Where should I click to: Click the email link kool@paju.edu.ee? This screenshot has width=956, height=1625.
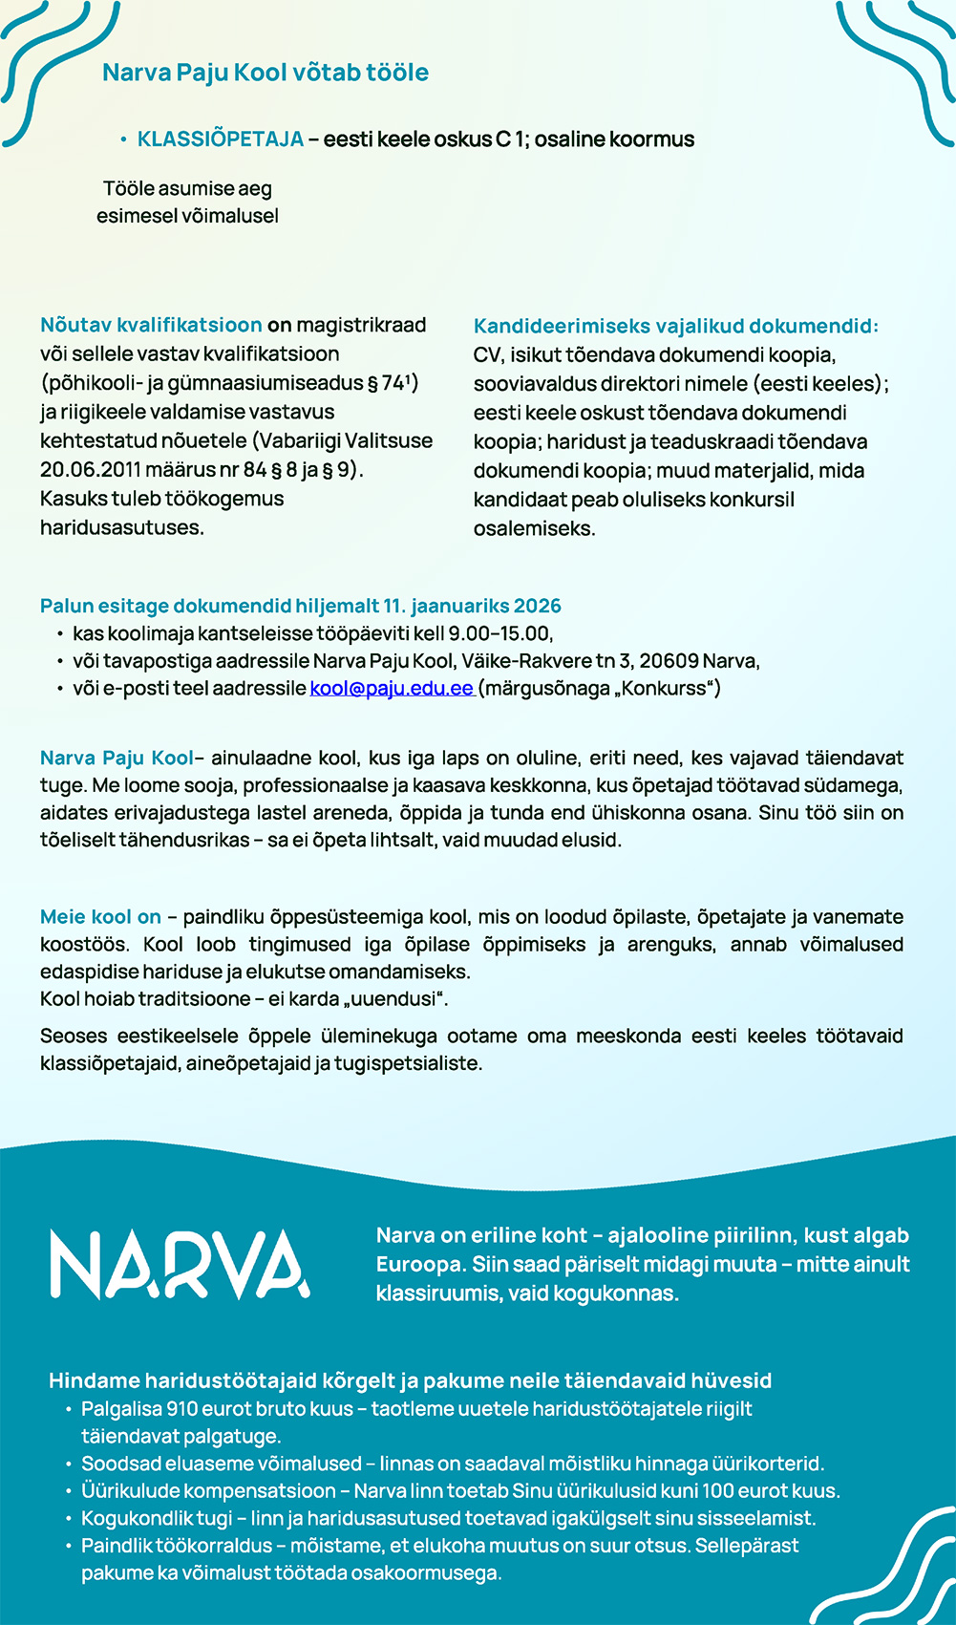[x=392, y=688]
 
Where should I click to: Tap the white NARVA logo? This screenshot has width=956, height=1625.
[x=180, y=1265]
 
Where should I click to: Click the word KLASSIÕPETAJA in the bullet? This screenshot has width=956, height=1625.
[x=221, y=139]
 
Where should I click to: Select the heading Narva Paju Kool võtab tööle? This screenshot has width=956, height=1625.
[x=266, y=73]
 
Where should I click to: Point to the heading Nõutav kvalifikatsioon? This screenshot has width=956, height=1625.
[x=151, y=325]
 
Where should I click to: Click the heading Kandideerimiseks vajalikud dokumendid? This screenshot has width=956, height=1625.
[x=675, y=326]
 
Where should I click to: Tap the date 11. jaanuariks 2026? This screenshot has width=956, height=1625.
[x=472, y=606]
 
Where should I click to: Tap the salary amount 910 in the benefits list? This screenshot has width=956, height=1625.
[x=181, y=1409]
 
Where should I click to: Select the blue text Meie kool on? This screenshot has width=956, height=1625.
[x=100, y=917]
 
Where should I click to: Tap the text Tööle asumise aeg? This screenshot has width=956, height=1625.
[x=187, y=189]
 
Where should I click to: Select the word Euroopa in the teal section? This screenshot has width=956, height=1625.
[x=418, y=1265]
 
